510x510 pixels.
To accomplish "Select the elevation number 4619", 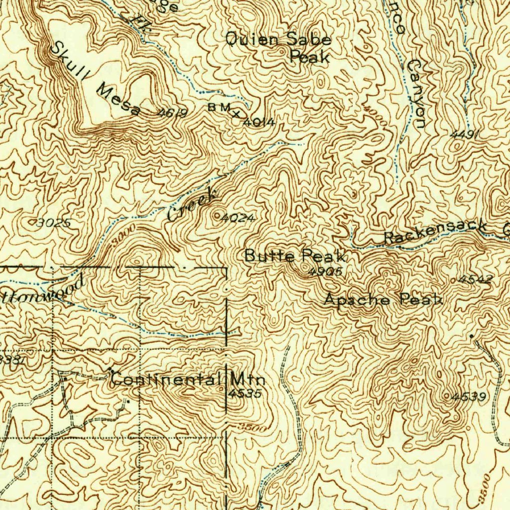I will click(x=172, y=114).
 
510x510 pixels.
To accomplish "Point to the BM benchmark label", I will click(x=220, y=108).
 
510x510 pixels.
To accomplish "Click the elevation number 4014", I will click(x=259, y=122).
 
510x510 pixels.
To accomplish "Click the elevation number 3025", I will click(x=54, y=223).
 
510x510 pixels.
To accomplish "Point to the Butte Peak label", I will click(x=295, y=256).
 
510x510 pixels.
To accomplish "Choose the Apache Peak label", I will click(x=383, y=300).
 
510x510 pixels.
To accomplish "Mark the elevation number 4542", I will click(x=475, y=279).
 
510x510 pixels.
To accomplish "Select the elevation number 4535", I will click(x=245, y=393).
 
